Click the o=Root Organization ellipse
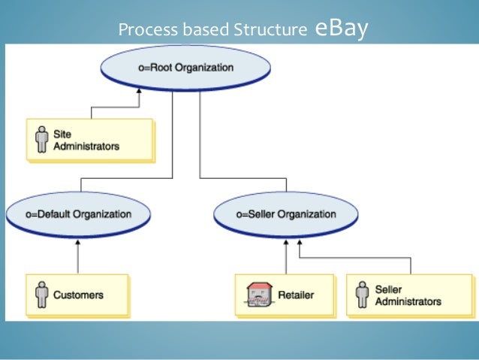(x=185, y=68)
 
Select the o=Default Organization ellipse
(x=80, y=214)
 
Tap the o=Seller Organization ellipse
(x=286, y=214)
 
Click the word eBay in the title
(x=342, y=29)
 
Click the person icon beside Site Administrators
(x=41, y=140)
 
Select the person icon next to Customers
(x=41, y=295)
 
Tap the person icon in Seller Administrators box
(x=363, y=295)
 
